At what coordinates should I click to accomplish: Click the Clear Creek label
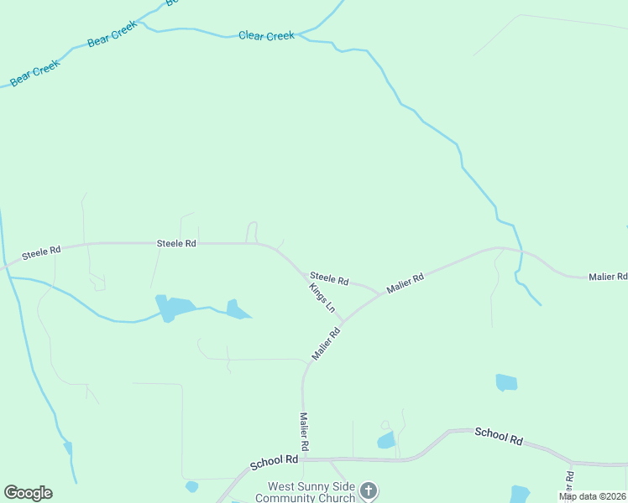[x=266, y=35]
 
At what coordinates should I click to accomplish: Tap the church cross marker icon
[x=368, y=490]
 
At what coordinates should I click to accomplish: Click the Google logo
[x=28, y=493]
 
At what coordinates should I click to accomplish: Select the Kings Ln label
[x=322, y=297]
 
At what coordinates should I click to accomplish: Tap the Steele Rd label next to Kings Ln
[x=329, y=277]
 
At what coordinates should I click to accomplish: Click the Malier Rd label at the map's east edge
[x=608, y=277]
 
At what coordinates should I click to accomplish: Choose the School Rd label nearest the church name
[x=275, y=461]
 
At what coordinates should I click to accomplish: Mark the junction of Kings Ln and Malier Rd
[x=342, y=319]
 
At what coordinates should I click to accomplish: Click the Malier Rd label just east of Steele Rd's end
[x=406, y=283]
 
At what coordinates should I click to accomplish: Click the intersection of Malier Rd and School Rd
[x=303, y=459]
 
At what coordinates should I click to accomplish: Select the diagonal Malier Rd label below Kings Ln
[x=326, y=344]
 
